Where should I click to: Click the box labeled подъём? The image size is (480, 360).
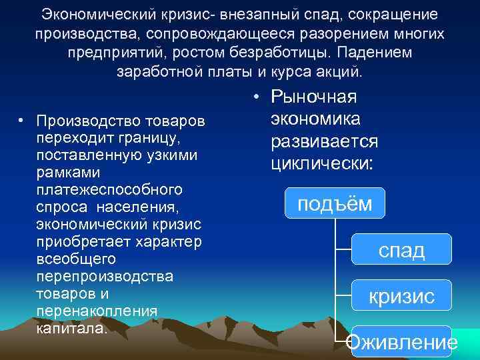(x=335, y=203)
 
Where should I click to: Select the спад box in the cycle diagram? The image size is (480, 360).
(x=401, y=250)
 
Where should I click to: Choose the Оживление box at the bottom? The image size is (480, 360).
(x=403, y=342)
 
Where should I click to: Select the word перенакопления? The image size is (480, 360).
(x=98, y=310)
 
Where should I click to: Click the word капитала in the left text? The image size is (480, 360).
(x=72, y=327)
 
